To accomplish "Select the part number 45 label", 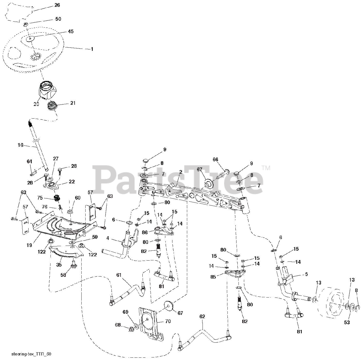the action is pyautogui.click(x=70, y=32).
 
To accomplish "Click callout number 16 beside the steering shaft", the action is pyautogui.click(x=20, y=145).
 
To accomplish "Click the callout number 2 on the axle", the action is pyautogui.click(x=181, y=172).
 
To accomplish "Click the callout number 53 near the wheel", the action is pyautogui.click(x=347, y=322).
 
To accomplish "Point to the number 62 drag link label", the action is pyautogui.click(x=202, y=316).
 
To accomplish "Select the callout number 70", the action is pyautogui.click(x=168, y=322).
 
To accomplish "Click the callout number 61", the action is pyautogui.click(x=119, y=275).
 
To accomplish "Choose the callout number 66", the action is pyautogui.click(x=216, y=160).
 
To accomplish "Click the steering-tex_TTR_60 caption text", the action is pyautogui.click(x=31, y=354).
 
